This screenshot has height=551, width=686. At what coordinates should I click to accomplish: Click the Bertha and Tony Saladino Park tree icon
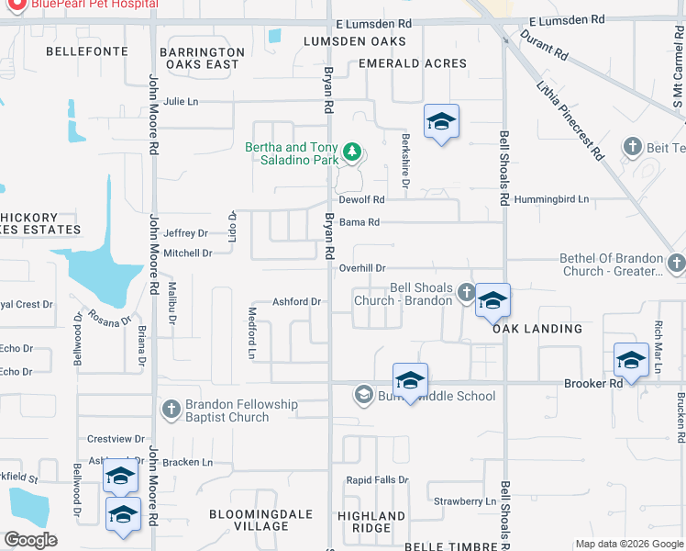pyautogui.click(x=350, y=152)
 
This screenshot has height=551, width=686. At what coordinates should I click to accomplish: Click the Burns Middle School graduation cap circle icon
pyautogui.click(x=363, y=396)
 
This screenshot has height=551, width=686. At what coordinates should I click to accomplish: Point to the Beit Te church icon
pyautogui.click(x=631, y=147)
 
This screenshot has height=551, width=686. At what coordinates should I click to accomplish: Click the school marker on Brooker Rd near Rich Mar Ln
pyautogui.click(x=631, y=362)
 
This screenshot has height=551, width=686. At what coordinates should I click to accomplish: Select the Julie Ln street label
pyautogui.click(x=181, y=102)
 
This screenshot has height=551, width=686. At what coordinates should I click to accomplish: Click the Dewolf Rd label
pyautogui.click(x=360, y=199)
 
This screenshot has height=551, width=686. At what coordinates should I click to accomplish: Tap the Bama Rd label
pyautogui.click(x=359, y=222)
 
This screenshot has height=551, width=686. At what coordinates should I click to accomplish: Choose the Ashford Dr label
pyautogui.click(x=296, y=301)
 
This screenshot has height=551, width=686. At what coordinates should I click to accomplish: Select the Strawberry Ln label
pyautogui.click(x=464, y=501)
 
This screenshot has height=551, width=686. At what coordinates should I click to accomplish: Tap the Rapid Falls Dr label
pyautogui.click(x=376, y=480)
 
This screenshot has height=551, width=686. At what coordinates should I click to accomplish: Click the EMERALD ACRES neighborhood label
pyautogui.click(x=412, y=63)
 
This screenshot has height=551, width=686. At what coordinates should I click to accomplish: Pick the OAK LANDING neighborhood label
pyautogui.click(x=537, y=329)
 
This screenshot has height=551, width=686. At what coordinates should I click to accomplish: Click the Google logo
pyautogui.click(x=30, y=540)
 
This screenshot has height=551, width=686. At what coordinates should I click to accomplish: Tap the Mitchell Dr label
pyautogui.click(x=188, y=253)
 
